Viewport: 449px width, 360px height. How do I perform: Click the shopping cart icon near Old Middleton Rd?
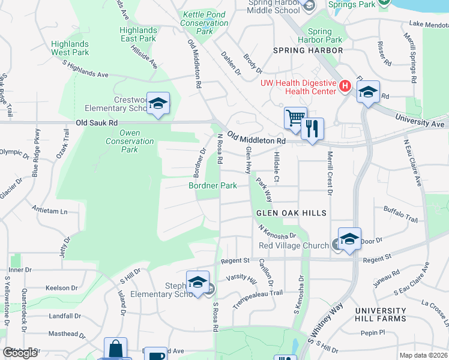295,118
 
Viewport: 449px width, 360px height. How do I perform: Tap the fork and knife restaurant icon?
312,128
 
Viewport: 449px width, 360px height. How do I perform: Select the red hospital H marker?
345,86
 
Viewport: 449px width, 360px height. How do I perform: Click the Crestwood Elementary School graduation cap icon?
158,103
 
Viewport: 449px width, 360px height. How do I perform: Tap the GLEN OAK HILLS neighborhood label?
291,213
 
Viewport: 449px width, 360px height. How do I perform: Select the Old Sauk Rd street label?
96,122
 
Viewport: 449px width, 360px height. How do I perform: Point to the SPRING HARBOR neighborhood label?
308,50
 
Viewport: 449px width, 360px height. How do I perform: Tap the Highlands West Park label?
70,48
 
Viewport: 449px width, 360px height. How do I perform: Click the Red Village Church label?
294,245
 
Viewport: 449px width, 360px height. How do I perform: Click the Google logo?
20,353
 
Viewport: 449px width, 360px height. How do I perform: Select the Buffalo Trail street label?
400,214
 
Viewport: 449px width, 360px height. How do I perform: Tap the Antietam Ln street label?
50,211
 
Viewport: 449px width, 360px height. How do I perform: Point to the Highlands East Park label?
138,34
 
